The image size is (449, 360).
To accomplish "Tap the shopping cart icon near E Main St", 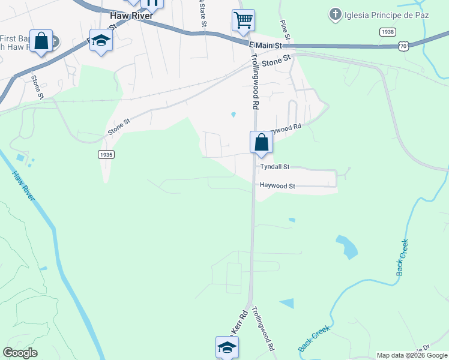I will coord(243,20).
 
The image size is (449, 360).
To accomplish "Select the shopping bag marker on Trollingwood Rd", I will coord(261,143).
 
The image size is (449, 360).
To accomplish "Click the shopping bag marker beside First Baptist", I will coord(41,41).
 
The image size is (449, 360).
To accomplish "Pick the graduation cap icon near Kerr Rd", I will coord(227,347).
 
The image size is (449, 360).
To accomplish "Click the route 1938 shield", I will coord(387,31).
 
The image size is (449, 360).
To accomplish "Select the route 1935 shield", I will coord(106,154).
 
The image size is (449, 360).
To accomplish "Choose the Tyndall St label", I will coord(275,167).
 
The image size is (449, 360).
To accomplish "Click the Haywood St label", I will coord(277,186).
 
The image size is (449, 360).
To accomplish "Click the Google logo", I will coord(20,353).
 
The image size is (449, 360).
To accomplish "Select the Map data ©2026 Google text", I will coord(412,355).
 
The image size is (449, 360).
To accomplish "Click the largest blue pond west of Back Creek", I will coord(346,246).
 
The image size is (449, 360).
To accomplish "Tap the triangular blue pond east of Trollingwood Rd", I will coord(288,303).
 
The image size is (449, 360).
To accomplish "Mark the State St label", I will coord(203,13).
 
